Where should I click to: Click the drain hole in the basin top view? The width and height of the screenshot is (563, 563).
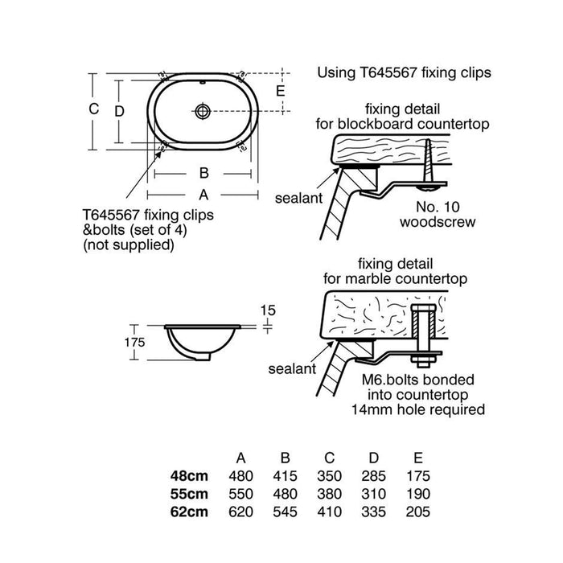point(203,109)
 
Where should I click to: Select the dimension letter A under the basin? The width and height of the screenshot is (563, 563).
point(203,194)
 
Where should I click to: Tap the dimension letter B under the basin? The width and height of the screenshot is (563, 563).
point(203,173)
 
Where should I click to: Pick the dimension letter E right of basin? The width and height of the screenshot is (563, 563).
point(280,91)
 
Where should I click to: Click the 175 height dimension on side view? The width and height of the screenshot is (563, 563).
point(134,342)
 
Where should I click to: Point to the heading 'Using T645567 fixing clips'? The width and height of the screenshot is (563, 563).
point(404,72)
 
